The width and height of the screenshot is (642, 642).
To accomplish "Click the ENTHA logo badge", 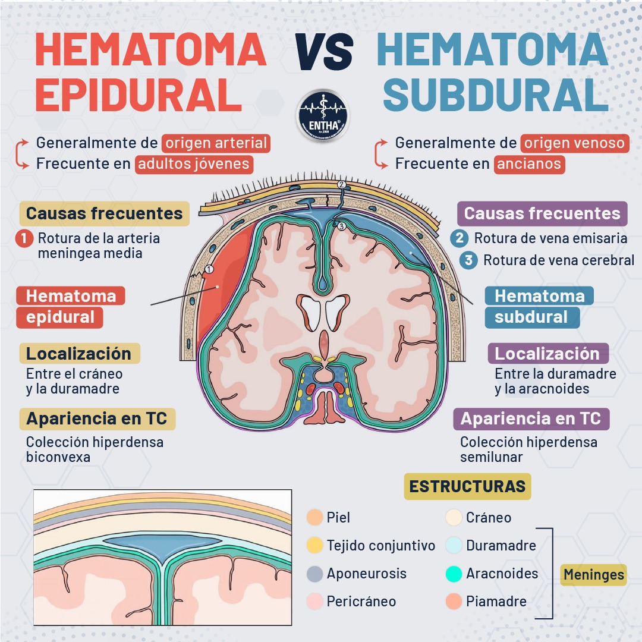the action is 323,115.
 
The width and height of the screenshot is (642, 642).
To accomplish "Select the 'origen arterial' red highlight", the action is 216,143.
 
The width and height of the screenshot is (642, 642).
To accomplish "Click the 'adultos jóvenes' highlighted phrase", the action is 194,163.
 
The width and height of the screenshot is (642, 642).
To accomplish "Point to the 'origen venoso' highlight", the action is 574,143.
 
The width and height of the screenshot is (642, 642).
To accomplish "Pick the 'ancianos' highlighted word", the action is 529,163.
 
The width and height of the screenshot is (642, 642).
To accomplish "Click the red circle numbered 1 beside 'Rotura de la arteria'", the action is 24,239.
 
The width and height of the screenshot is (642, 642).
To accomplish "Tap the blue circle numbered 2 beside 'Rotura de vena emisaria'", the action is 460,238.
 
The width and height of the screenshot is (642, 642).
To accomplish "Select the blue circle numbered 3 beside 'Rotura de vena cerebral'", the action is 468,260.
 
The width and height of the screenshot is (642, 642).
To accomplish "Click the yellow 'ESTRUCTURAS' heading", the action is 467,486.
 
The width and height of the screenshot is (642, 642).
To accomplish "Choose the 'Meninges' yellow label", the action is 593,574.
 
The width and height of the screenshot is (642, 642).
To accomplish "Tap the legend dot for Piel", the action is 314,518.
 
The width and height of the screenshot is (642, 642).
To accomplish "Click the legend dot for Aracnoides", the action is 454,574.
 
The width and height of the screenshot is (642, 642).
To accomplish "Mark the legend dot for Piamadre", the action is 454,602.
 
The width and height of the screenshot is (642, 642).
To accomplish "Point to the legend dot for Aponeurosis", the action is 314,574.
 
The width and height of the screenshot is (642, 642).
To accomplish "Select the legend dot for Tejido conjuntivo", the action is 314,545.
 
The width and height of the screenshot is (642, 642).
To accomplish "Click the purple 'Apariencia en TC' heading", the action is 531,418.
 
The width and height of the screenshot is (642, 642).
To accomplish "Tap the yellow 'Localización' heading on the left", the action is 79,353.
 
